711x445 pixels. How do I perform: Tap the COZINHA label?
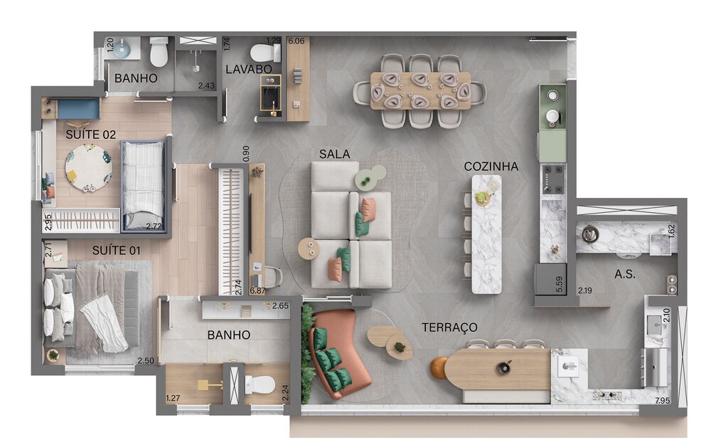(x=491, y=167)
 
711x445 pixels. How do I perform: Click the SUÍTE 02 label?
(x=90, y=134)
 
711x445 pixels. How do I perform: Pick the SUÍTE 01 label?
(x=116, y=251)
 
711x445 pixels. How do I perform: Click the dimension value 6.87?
(x=257, y=290)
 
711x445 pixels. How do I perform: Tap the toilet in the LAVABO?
(x=264, y=52)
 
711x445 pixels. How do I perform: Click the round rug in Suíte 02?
(x=88, y=168)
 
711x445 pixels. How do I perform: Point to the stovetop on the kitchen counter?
(x=552, y=179)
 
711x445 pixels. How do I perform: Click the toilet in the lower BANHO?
(x=261, y=384)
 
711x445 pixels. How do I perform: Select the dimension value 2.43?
(x=206, y=86)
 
